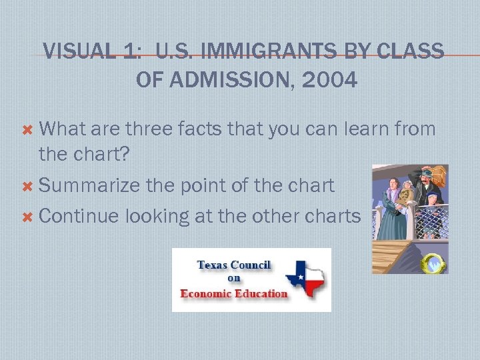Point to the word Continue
[x=79, y=216]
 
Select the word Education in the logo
[x=262, y=293]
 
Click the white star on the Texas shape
[x=297, y=277]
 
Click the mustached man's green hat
[x=425, y=174]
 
